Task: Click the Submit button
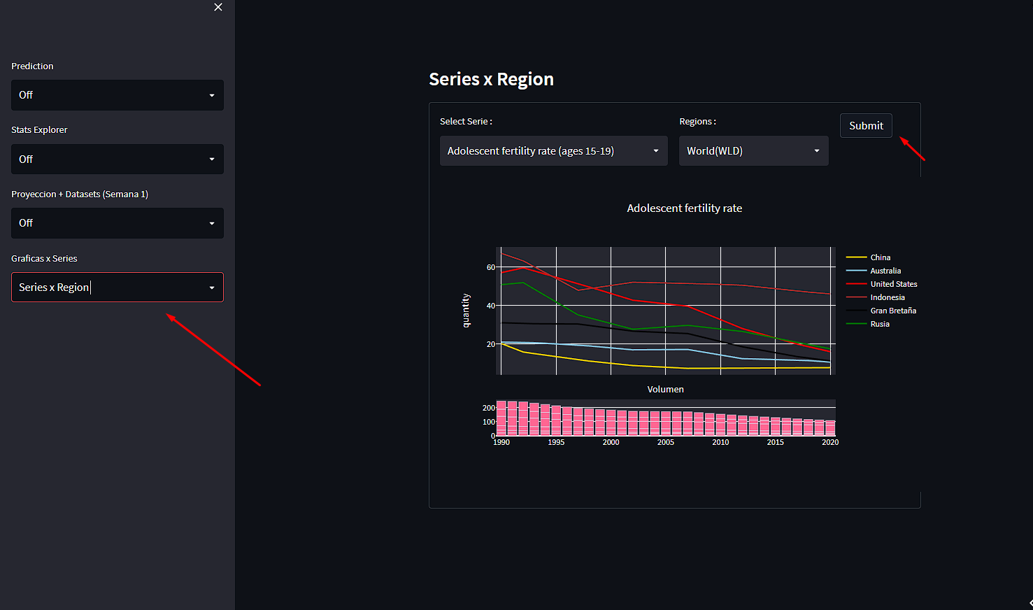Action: (866, 126)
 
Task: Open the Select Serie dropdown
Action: (553, 151)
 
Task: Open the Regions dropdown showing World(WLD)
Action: (753, 151)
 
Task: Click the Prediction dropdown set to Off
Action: (117, 95)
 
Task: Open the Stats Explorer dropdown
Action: (117, 159)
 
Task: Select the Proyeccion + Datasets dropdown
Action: (117, 223)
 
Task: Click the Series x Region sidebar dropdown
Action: (117, 288)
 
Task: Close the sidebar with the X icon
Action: (218, 7)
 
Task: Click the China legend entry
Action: (880, 257)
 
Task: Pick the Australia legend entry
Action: (885, 271)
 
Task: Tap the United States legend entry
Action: (893, 284)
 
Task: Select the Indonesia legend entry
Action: (887, 297)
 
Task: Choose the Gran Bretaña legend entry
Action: (892, 311)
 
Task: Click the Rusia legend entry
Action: (880, 324)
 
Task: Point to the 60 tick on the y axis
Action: (490, 267)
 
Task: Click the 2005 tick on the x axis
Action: (665, 442)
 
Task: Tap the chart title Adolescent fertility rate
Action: (684, 208)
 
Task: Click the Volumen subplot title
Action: (665, 390)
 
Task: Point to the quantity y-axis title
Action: (466, 311)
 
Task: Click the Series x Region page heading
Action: (491, 80)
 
